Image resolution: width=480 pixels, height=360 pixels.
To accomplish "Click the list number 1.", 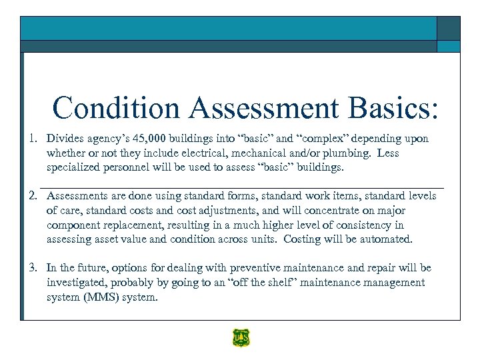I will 31,139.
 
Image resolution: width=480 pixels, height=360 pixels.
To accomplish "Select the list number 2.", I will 31,196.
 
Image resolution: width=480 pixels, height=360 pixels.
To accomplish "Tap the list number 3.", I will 31,268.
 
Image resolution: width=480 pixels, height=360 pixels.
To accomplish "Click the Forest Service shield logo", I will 240,338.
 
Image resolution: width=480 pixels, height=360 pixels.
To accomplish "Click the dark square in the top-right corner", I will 448,28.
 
